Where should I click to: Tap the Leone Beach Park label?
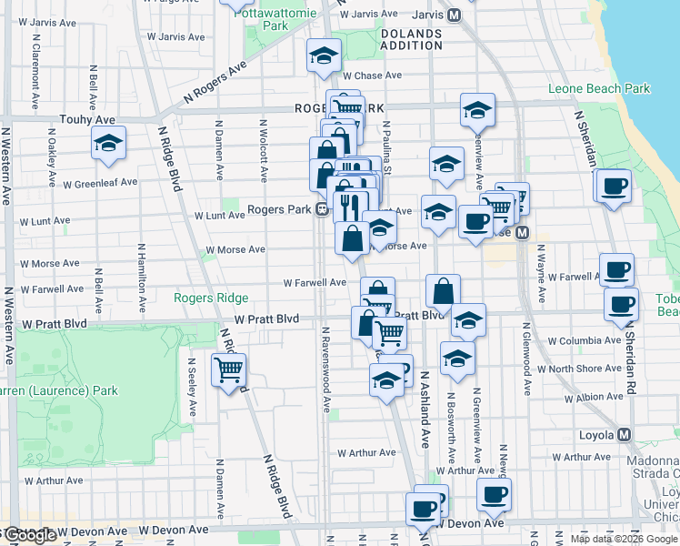(x=599, y=88)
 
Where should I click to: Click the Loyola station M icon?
(x=625, y=435)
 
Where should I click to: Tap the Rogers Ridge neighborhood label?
(x=211, y=298)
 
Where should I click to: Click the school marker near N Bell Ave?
(x=108, y=143)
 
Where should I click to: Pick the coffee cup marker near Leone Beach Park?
(x=615, y=186)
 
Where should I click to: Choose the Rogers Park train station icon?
(x=322, y=211)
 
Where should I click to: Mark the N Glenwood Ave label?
(x=526, y=359)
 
